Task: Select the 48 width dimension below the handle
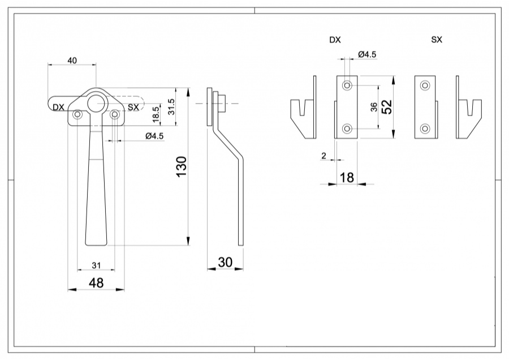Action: pyautogui.click(x=96, y=282)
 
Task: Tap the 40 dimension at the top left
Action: pyautogui.click(x=72, y=60)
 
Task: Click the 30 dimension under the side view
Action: pyautogui.click(x=225, y=262)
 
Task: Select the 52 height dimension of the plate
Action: pyautogui.click(x=387, y=106)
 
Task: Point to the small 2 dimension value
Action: pyautogui.click(x=323, y=155)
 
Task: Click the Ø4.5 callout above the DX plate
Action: pyautogui.click(x=367, y=54)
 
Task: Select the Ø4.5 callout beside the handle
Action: pyautogui.click(x=154, y=136)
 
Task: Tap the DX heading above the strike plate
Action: pyautogui.click(x=335, y=40)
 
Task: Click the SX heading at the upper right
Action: pyautogui.click(x=436, y=40)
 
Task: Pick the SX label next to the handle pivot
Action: pyautogui.click(x=133, y=107)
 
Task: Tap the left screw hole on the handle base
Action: pyautogui.click(x=77, y=115)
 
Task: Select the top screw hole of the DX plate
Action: pyautogui.click(x=347, y=85)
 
